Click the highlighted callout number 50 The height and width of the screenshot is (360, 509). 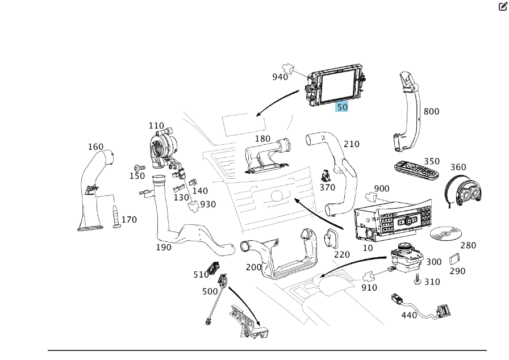(x=342, y=106)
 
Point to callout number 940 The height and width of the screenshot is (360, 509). (x=280, y=77)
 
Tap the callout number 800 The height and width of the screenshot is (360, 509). (x=431, y=111)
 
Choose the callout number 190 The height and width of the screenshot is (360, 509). (x=164, y=248)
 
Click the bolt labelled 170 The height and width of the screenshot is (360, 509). (x=116, y=217)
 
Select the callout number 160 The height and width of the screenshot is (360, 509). (x=95, y=146)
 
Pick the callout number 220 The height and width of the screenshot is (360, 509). (x=341, y=254)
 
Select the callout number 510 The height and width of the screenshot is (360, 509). (x=201, y=274)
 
